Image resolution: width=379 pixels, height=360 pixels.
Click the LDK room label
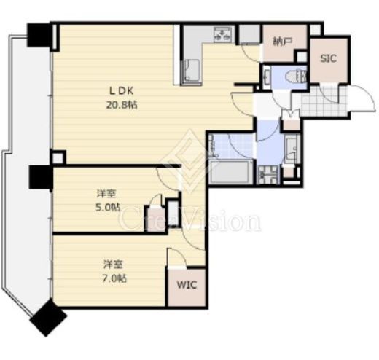click(x=121, y=91)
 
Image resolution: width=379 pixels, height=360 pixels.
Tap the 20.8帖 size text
click(x=121, y=105)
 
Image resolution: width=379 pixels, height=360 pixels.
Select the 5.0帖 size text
click(x=108, y=208)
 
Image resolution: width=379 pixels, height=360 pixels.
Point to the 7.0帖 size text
click(x=114, y=278)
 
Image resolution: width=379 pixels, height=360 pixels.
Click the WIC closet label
click(x=187, y=285)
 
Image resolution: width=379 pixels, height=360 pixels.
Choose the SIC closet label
click(x=328, y=58)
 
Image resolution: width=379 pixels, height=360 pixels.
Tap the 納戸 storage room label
click(x=282, y=42)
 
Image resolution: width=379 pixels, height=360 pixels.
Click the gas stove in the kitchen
click(x=222, y=34)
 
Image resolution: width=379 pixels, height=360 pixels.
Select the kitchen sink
click(x=192, y=71)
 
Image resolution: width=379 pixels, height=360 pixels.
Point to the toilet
click(x=296, y=77)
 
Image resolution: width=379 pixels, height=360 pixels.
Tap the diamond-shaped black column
click(x=48, y=318)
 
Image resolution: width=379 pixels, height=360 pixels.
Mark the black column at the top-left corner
click(x=39, y=35)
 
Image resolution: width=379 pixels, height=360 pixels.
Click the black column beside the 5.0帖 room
click(x=41, y=177)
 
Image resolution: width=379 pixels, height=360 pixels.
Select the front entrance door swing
click(x=361, y=98)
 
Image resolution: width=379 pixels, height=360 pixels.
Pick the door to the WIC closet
click(x=177, y=257)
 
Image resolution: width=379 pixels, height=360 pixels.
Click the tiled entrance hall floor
click(x=321, y=101)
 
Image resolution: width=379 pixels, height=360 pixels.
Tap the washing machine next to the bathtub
click(x=268, y=173)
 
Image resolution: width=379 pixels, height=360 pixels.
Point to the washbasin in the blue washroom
click(x=291, y=149)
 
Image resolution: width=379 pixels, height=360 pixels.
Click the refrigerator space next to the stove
click(x=249, y=34)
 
